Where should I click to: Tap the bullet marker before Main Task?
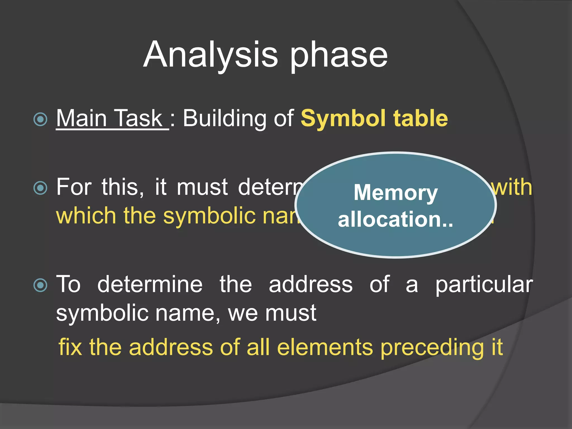pos(40,119)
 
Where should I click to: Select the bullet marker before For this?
pos(40,188)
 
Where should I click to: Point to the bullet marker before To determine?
pos(40,285)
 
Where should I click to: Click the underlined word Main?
pos(82,118)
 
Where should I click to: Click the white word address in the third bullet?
pos(311,284)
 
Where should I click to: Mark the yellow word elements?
pos(325,347)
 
